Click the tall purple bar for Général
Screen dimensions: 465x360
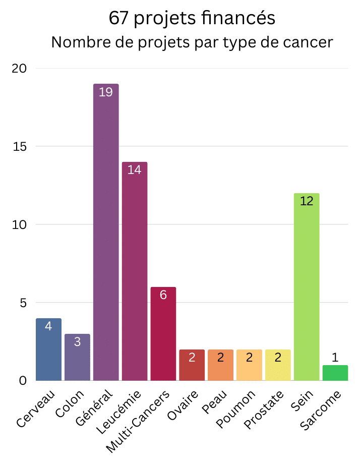[x=106, y=232]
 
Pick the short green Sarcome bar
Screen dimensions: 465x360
[x=335, y=373]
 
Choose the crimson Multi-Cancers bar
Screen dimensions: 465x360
[x=163, y=333]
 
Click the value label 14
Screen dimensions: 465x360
[x=135, y=170]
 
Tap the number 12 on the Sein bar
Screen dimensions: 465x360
[x=307, y=201]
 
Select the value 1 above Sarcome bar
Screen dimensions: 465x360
[x=335, y=358]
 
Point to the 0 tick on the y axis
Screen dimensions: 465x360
[x=23, y=380]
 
